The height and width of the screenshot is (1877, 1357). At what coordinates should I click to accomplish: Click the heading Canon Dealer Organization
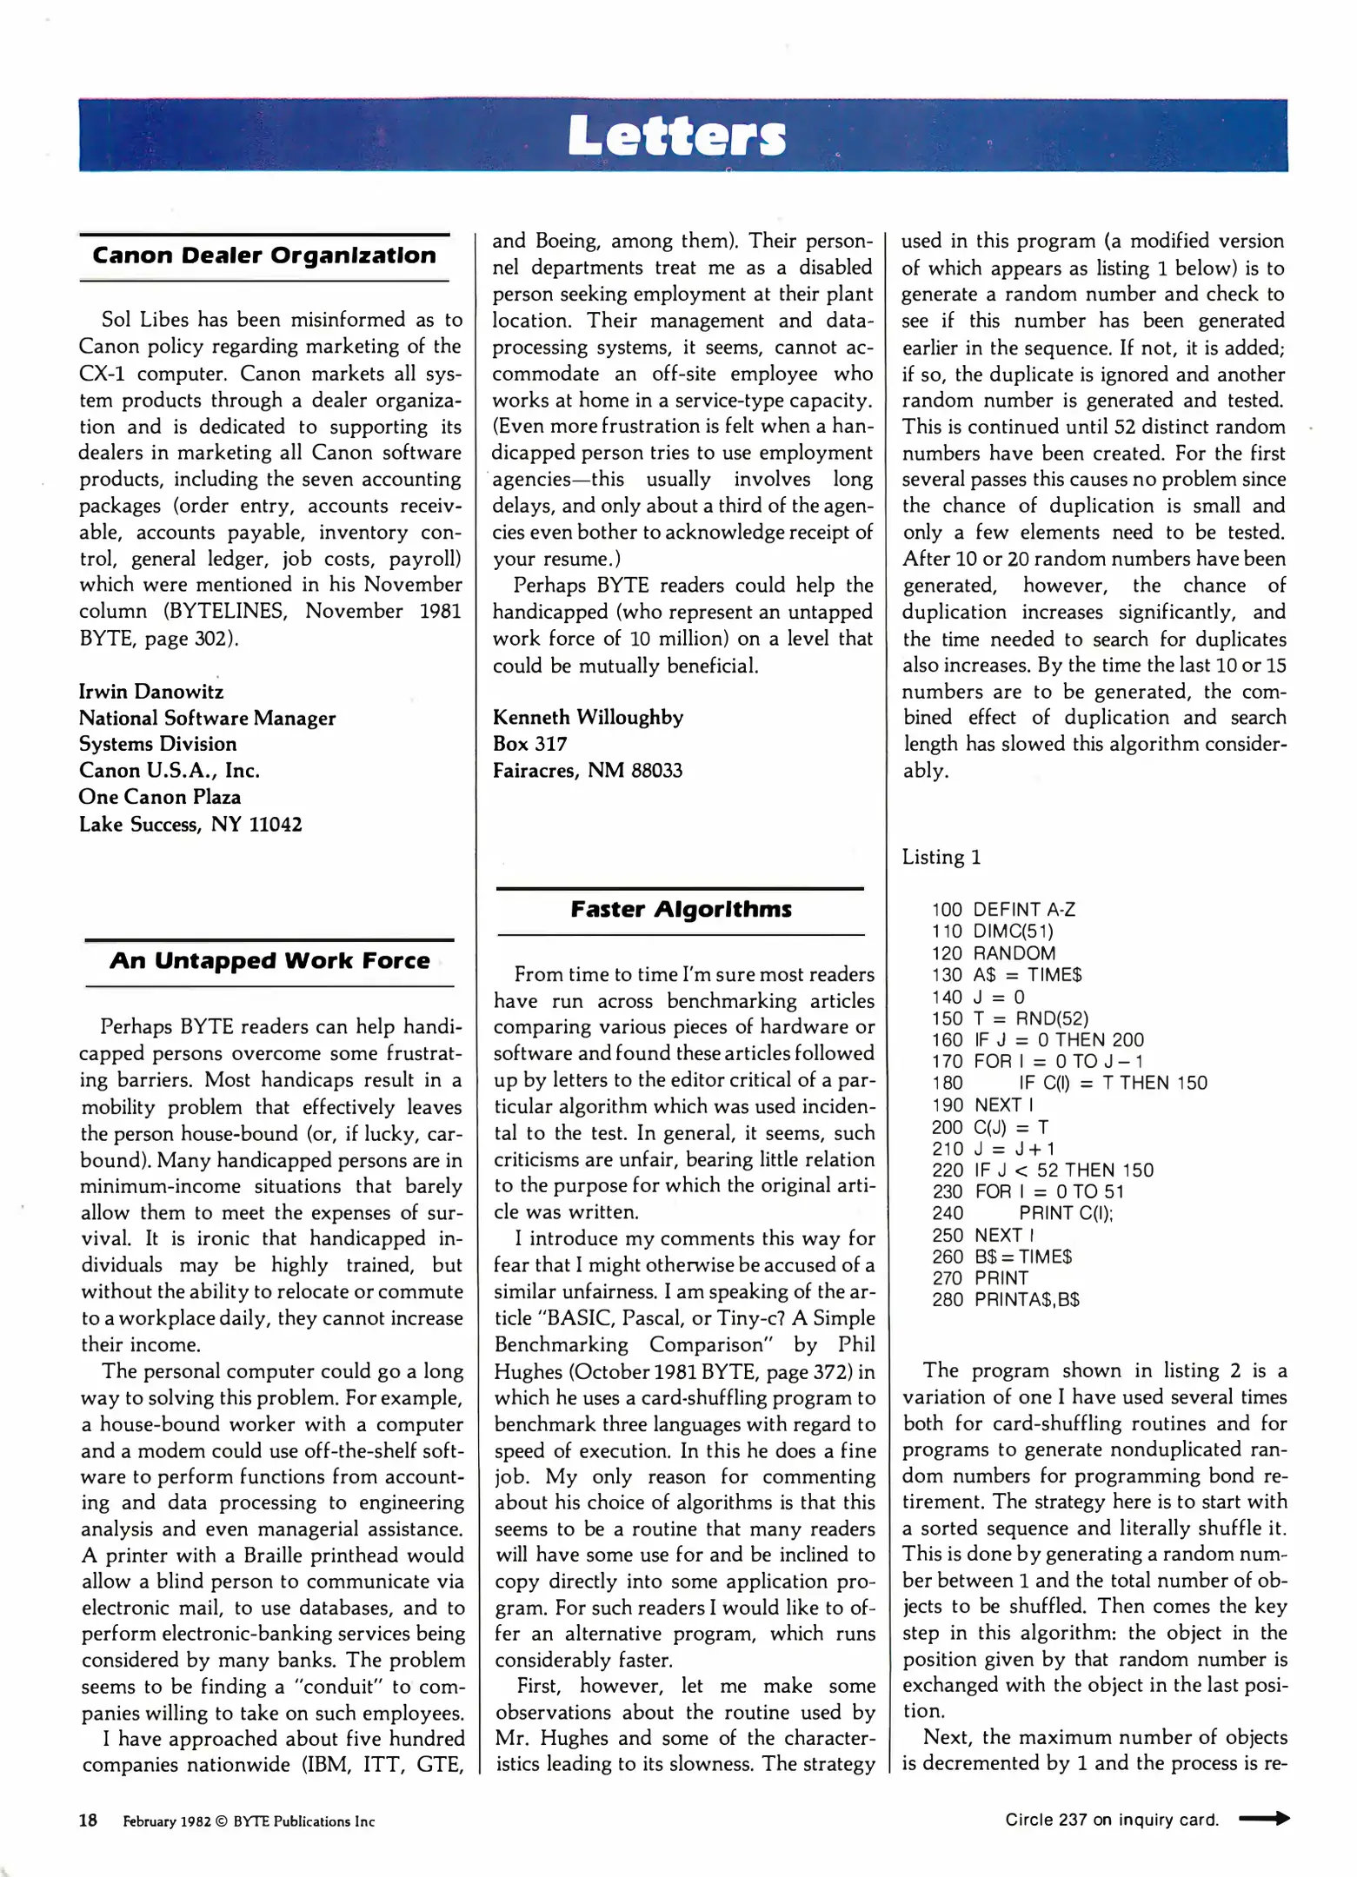click(x=264, y=256)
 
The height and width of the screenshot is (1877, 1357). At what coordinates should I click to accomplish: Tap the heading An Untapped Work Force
click(x=269, y=961)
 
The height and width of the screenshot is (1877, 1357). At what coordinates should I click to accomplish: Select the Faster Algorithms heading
click(x=681, y=910)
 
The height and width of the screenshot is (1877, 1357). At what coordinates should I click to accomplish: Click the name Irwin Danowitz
click(x=151, y=692)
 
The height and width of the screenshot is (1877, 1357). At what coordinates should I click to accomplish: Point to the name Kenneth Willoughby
click(x=588, y=717)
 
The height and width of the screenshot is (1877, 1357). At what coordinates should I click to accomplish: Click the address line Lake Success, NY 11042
click(x=190, y=824)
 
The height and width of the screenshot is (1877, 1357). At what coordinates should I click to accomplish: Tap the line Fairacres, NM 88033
click(x=588, y=771)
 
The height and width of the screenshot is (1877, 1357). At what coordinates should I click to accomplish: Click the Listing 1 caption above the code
click(x=941, y=857)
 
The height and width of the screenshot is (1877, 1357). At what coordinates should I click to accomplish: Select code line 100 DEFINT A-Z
click(x=1003, y=910)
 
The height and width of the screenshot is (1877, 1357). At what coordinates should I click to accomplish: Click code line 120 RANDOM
click(x=994, y=953)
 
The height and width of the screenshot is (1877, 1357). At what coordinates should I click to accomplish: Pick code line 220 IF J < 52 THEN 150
click(x=1042, y=1171)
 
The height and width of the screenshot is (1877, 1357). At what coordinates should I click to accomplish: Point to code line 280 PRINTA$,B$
click(x=1005, y=1300)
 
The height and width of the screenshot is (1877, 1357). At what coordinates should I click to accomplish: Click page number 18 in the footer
click(x=89, y=1821)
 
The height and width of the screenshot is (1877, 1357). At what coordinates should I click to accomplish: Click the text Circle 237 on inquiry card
click(x=1111, y=1820)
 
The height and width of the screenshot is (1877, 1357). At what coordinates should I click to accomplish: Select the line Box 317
click(x=529, y=744)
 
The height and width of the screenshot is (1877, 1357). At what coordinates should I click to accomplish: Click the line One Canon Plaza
click(x=160, y=797)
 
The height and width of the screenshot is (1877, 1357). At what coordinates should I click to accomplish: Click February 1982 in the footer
click(x=166, y=1821)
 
